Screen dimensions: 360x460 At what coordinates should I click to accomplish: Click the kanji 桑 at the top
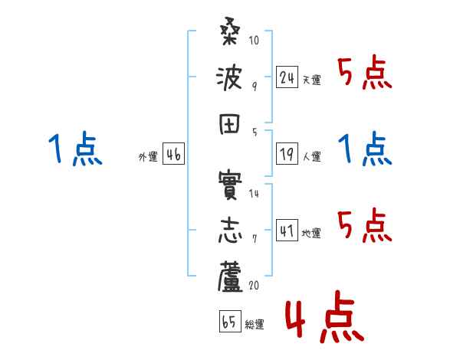point(229,34)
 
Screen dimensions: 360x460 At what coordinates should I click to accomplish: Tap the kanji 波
point(229,77)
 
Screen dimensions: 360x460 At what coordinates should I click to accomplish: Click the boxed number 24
point(286,77)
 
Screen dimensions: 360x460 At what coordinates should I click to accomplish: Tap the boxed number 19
point(286,154)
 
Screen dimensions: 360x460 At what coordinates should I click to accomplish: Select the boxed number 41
point(286,231)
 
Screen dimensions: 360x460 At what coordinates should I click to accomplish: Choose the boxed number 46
point(173,155)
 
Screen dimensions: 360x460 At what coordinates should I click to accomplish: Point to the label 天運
point(311,80)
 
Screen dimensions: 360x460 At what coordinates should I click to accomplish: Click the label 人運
point(311,157)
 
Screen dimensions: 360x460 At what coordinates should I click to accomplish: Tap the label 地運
point(311,234)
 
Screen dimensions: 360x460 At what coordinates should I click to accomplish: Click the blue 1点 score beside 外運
point(74,149)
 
